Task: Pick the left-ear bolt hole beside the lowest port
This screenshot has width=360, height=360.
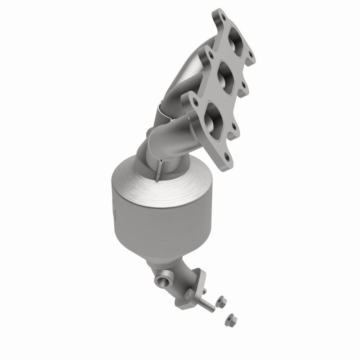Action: point(190,100)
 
